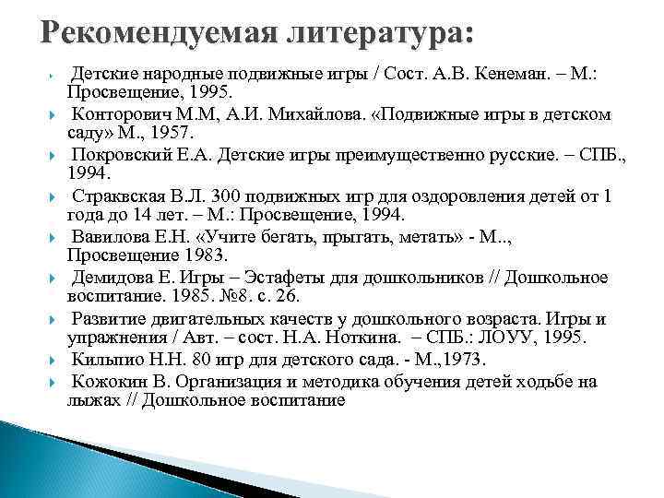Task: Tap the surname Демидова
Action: pyautogui.click(x=113, y=278)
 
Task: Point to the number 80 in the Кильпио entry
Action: pyautogui.click(x=200, y=360)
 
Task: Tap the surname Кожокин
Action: pyautogui.click(x=110, y=381)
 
